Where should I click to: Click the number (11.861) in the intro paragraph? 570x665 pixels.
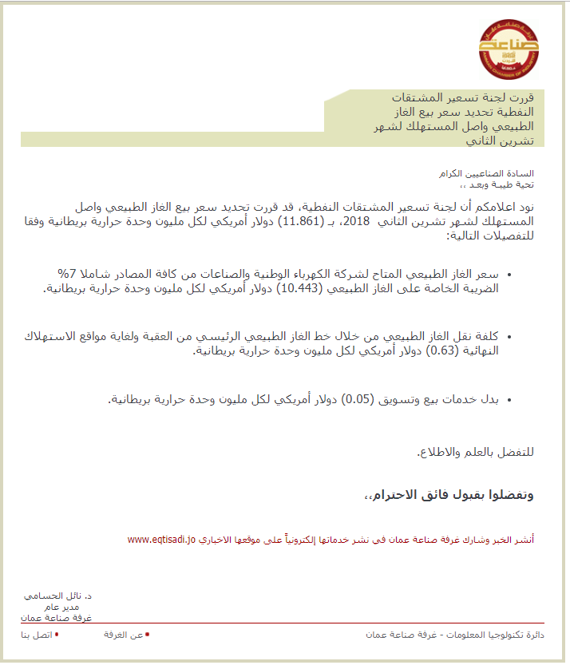[x=300, y=221]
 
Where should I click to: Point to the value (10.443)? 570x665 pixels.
[x=300, y=289]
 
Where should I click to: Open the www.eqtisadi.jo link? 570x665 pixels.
[x=161, y=540]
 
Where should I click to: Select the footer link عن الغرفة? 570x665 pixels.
[x=124, y=635]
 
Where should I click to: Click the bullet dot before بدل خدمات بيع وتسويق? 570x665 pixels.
[x=509, y=399]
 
